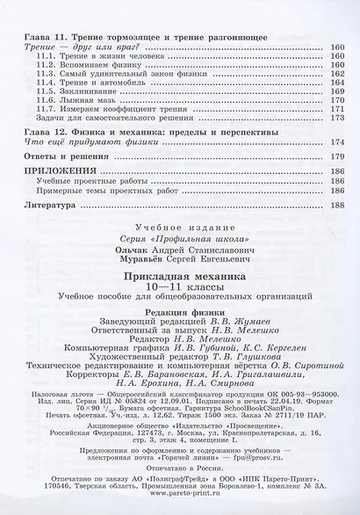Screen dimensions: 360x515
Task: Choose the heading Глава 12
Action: pyautogui.click(x=38, y=134)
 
